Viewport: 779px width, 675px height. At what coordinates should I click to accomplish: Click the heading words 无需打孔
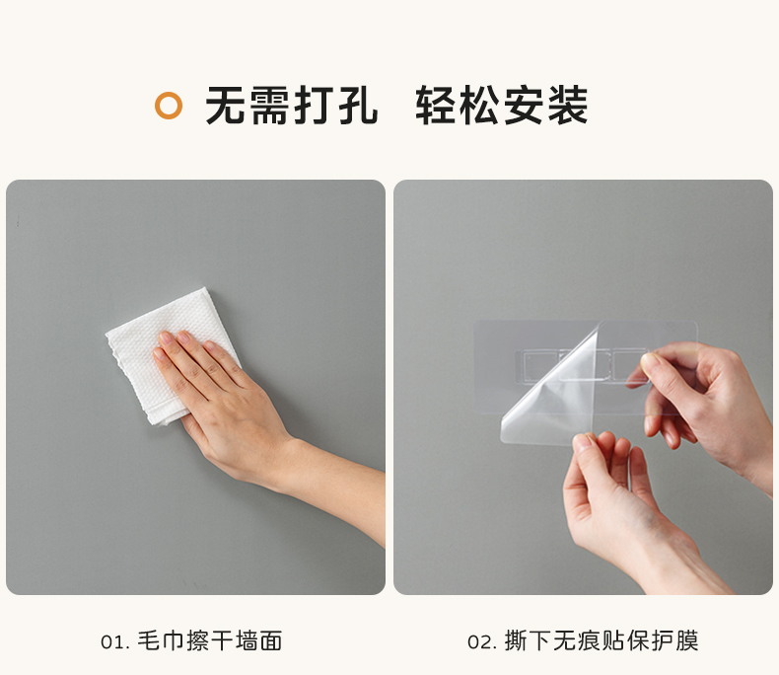pyautogui.click(x=292, y=106)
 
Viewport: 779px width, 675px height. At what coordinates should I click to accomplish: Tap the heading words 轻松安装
pyautogui.click(x=502, y=106)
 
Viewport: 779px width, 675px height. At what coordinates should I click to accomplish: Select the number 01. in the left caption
pyautogui.click(x=115, y=641)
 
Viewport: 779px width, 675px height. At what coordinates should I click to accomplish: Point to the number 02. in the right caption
pyautogui.click(x=482, y=641)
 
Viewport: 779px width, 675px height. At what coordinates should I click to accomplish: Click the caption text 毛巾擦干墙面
pyautogui.click(x=210, y=640)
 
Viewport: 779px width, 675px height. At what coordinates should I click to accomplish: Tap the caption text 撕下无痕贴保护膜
pyautogui.click(x=602, y=640)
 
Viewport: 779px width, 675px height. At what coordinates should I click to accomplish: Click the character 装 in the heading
pyautogui.click(x=568, y=106)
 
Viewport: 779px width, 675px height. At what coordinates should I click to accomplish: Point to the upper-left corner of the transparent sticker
pyautogui.click(x=475, y=322)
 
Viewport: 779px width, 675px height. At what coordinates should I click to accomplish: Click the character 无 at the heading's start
pyautogui.click(x=226, y=106)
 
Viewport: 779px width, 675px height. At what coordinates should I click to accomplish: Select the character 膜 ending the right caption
pyautogui.click(x=687, y=640)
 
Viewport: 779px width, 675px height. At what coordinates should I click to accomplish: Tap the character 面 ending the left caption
pyautogui.click(x=271, y=640)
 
